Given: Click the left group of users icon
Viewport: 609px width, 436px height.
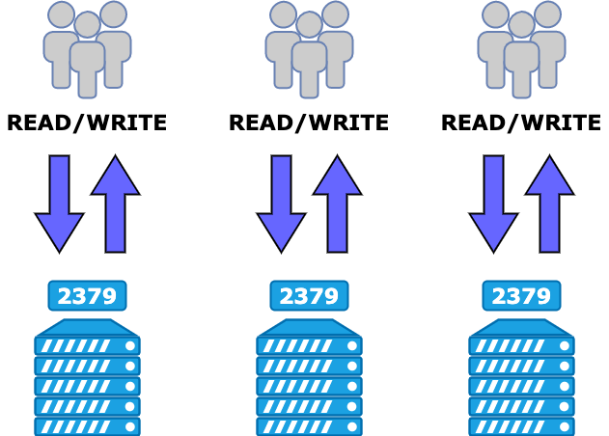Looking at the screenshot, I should coord(87,48).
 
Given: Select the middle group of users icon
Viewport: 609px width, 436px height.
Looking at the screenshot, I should coord(309,48).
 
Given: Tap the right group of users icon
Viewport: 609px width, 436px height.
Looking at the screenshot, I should coord(521,48).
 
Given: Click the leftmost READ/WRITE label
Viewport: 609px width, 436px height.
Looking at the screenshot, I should coord(87,123).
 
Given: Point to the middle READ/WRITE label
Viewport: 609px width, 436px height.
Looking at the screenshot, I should coord(309,123).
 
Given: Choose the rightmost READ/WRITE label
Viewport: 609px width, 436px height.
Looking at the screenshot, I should coord(521,123).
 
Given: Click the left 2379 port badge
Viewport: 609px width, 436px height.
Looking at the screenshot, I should coord(87,295).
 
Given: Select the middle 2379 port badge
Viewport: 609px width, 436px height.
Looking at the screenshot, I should coord(309,295).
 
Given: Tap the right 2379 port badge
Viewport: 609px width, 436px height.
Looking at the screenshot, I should coord(521,295).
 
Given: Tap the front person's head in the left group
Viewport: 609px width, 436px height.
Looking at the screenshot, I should coord(87,25).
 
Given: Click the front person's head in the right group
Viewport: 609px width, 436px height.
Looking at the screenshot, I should coord(521,25).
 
